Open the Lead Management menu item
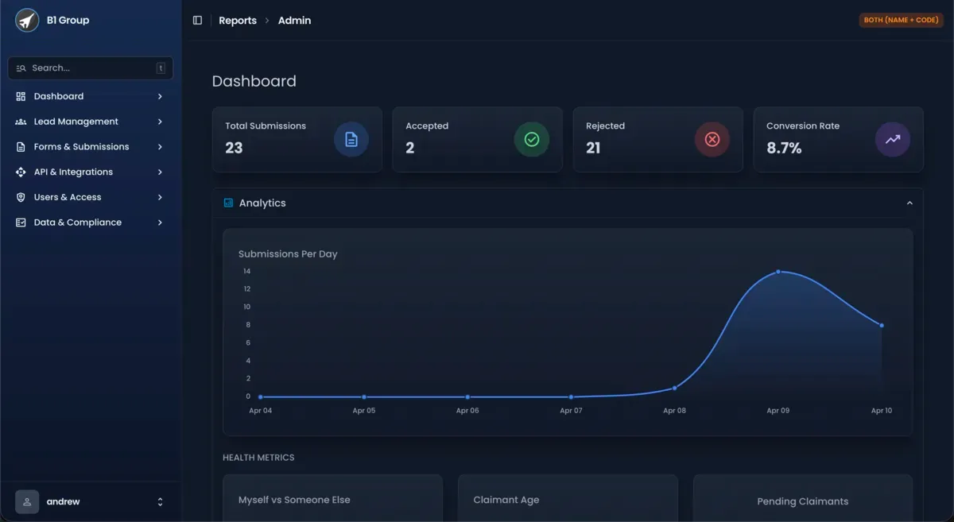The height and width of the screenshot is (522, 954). [x=76, y=122]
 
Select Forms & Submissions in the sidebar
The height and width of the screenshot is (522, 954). [x=81, y=147]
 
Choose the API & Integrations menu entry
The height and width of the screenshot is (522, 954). [x=73, y=172]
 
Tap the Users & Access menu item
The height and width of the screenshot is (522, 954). [x=68, y=197]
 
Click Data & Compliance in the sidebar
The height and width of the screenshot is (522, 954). [x=77, y=222]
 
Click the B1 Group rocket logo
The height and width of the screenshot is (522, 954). [x=27, y=21]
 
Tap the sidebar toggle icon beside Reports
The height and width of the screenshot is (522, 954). [x=198, y=21]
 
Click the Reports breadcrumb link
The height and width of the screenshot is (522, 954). [x=238, y=21]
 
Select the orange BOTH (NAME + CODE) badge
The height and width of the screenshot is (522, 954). [x=901, y=21]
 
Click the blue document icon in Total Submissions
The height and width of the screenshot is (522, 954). [x=351, y=140]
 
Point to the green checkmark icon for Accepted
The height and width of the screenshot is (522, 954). [x=532, y=140]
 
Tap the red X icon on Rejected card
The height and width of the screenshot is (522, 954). [x=712, y=140]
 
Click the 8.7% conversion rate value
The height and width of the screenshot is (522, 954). [x=784, y=148]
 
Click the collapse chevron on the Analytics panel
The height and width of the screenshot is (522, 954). [x=909, y=203]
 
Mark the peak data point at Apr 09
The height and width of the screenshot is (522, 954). [x=778, y=272]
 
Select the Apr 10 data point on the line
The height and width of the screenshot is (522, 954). [x=882, y=326]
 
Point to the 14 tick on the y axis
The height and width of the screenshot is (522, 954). [x=246, y=272]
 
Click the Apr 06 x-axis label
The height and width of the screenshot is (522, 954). [x=467, y=411]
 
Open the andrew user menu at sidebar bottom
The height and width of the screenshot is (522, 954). [x=91, y=502]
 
